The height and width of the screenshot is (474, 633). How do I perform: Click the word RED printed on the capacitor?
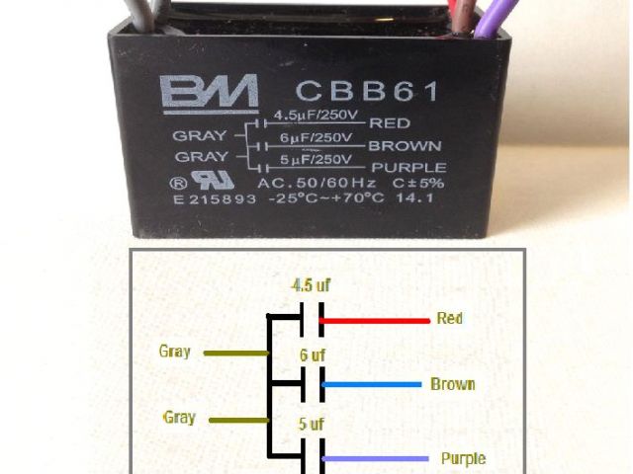pos(388,124)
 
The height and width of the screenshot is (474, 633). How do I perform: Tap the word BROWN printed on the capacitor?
pos(404,146)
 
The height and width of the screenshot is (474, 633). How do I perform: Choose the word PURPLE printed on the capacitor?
pos(407,168)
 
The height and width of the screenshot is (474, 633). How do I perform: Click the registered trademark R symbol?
pos(178,184)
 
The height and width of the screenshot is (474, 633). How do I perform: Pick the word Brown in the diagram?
pos(452,384)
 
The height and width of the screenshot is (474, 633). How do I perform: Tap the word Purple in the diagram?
pos(462,459)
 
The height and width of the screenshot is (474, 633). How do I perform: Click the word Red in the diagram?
pos(449,320)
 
